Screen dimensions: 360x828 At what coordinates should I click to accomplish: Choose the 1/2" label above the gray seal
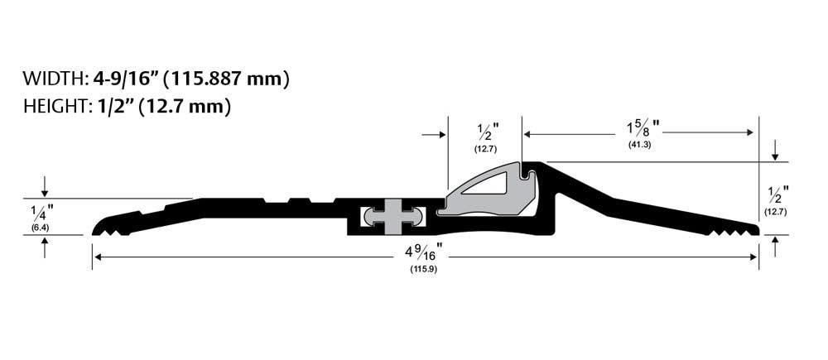[485, 131]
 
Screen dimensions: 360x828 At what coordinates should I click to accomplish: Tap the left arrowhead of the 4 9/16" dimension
[97, 257]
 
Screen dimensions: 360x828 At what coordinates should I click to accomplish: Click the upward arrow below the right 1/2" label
[775, 243]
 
